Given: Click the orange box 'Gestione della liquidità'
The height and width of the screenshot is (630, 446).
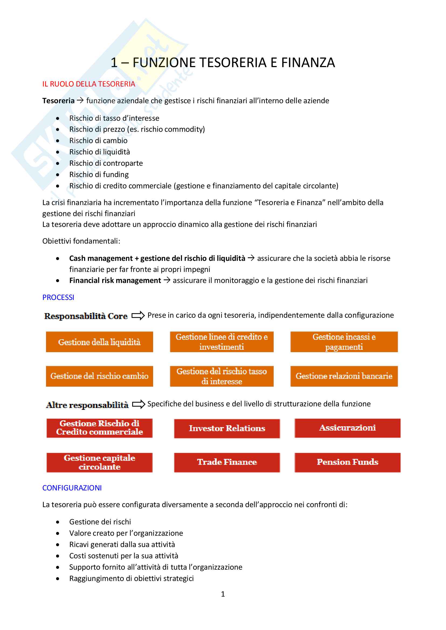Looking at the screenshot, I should click(100, 342).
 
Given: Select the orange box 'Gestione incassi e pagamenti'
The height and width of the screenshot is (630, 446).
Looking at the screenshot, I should click(344, 342).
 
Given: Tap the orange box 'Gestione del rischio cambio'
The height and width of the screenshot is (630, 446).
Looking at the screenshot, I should click(100, 376).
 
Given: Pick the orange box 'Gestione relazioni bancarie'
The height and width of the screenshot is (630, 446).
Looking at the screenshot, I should click(344, 376).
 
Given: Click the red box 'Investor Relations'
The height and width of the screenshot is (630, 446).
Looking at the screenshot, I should click(227, 429).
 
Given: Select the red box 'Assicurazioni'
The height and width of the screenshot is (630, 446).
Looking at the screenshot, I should click(347, 428).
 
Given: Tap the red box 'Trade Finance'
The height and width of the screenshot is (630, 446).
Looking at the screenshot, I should click(227, 462).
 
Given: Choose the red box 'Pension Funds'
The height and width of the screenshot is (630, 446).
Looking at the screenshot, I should click(347, 462).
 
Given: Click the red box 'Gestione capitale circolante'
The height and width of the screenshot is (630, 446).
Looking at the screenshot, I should click(100, 462).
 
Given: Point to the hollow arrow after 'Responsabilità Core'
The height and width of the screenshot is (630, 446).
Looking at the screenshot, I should click(138, 316).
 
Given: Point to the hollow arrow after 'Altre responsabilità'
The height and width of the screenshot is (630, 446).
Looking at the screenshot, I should click(138, 404).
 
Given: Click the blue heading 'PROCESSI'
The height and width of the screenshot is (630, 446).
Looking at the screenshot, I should click(58, 297).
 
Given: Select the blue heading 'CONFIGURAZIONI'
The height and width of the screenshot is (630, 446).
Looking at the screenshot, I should click(72, 488).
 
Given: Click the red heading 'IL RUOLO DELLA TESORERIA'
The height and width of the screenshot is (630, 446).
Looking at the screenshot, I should click(89, 84).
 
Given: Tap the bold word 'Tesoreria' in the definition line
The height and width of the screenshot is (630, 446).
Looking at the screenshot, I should click(59, 101).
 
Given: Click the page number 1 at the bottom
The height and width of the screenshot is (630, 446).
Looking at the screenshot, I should click(223, 594).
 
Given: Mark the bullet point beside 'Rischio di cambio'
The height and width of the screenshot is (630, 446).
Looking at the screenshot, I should click(58, 141).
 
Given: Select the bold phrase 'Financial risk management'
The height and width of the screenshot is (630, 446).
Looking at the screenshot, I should click(115, 281).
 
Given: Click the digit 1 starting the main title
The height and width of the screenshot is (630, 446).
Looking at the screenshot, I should click(114, 63).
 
